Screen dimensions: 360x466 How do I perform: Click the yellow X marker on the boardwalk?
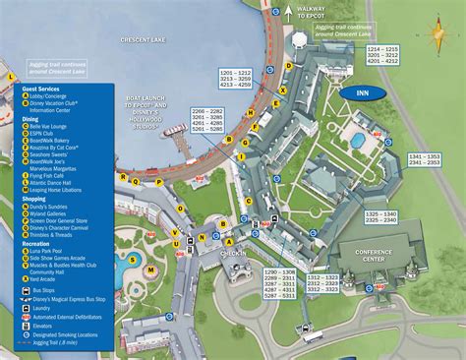(284, 90)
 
